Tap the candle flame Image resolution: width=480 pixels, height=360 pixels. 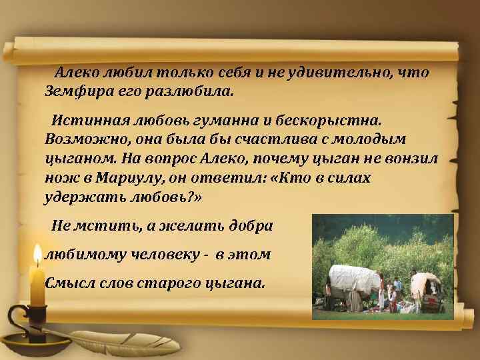click(38, 257)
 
